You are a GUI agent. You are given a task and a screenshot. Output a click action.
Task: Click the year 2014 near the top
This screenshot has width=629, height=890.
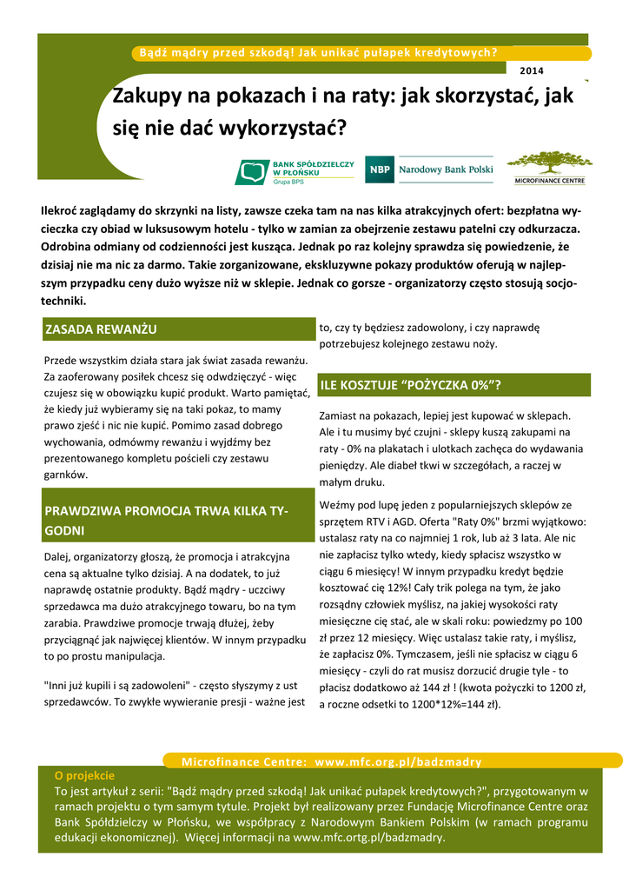[x=532, y=70]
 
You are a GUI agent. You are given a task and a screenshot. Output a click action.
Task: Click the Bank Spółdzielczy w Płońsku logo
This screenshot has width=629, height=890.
[x=295, y=171]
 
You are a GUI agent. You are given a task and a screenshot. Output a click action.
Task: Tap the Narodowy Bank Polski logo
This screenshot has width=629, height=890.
[x=429, y=169]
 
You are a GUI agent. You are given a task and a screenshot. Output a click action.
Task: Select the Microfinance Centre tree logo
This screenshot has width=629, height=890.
[x=549, y=168]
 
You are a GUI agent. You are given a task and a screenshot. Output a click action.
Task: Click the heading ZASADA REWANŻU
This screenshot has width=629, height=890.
[x=101, y=329]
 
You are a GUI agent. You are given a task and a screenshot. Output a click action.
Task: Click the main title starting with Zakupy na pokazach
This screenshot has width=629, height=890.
[x=343, y=112]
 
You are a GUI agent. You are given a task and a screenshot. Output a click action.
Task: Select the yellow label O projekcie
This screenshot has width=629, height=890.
[x=84, y=774]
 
